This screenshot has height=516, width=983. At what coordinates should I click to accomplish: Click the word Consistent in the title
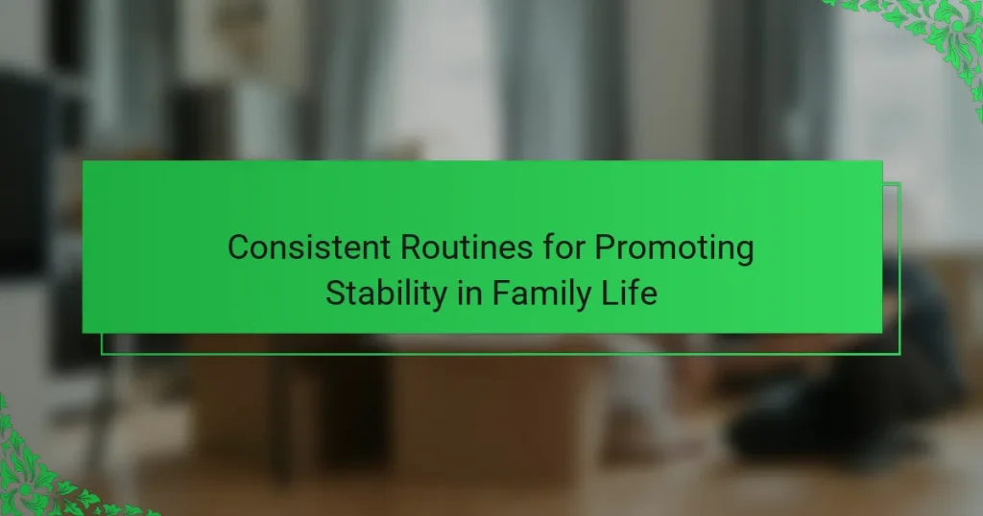tap(309, 246)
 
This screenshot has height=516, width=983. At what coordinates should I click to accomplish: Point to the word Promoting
tap(674, 248)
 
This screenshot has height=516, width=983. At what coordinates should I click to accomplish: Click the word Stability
tap(386, 293)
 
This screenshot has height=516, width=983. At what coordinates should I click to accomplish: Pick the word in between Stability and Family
tap(469, 293)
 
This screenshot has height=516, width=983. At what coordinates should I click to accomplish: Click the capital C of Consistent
tap(239, 246)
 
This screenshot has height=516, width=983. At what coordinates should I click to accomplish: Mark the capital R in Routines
tap(411, 246)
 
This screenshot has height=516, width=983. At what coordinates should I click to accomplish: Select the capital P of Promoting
tap(605, 246)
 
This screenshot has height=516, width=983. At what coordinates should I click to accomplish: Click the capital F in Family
tap(501, 293)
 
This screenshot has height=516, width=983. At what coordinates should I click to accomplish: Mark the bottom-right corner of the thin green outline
tap(900, 355)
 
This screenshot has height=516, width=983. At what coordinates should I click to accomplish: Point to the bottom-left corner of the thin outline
tap(102, 355)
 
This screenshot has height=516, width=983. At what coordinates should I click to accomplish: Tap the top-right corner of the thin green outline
tap(900, 183)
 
